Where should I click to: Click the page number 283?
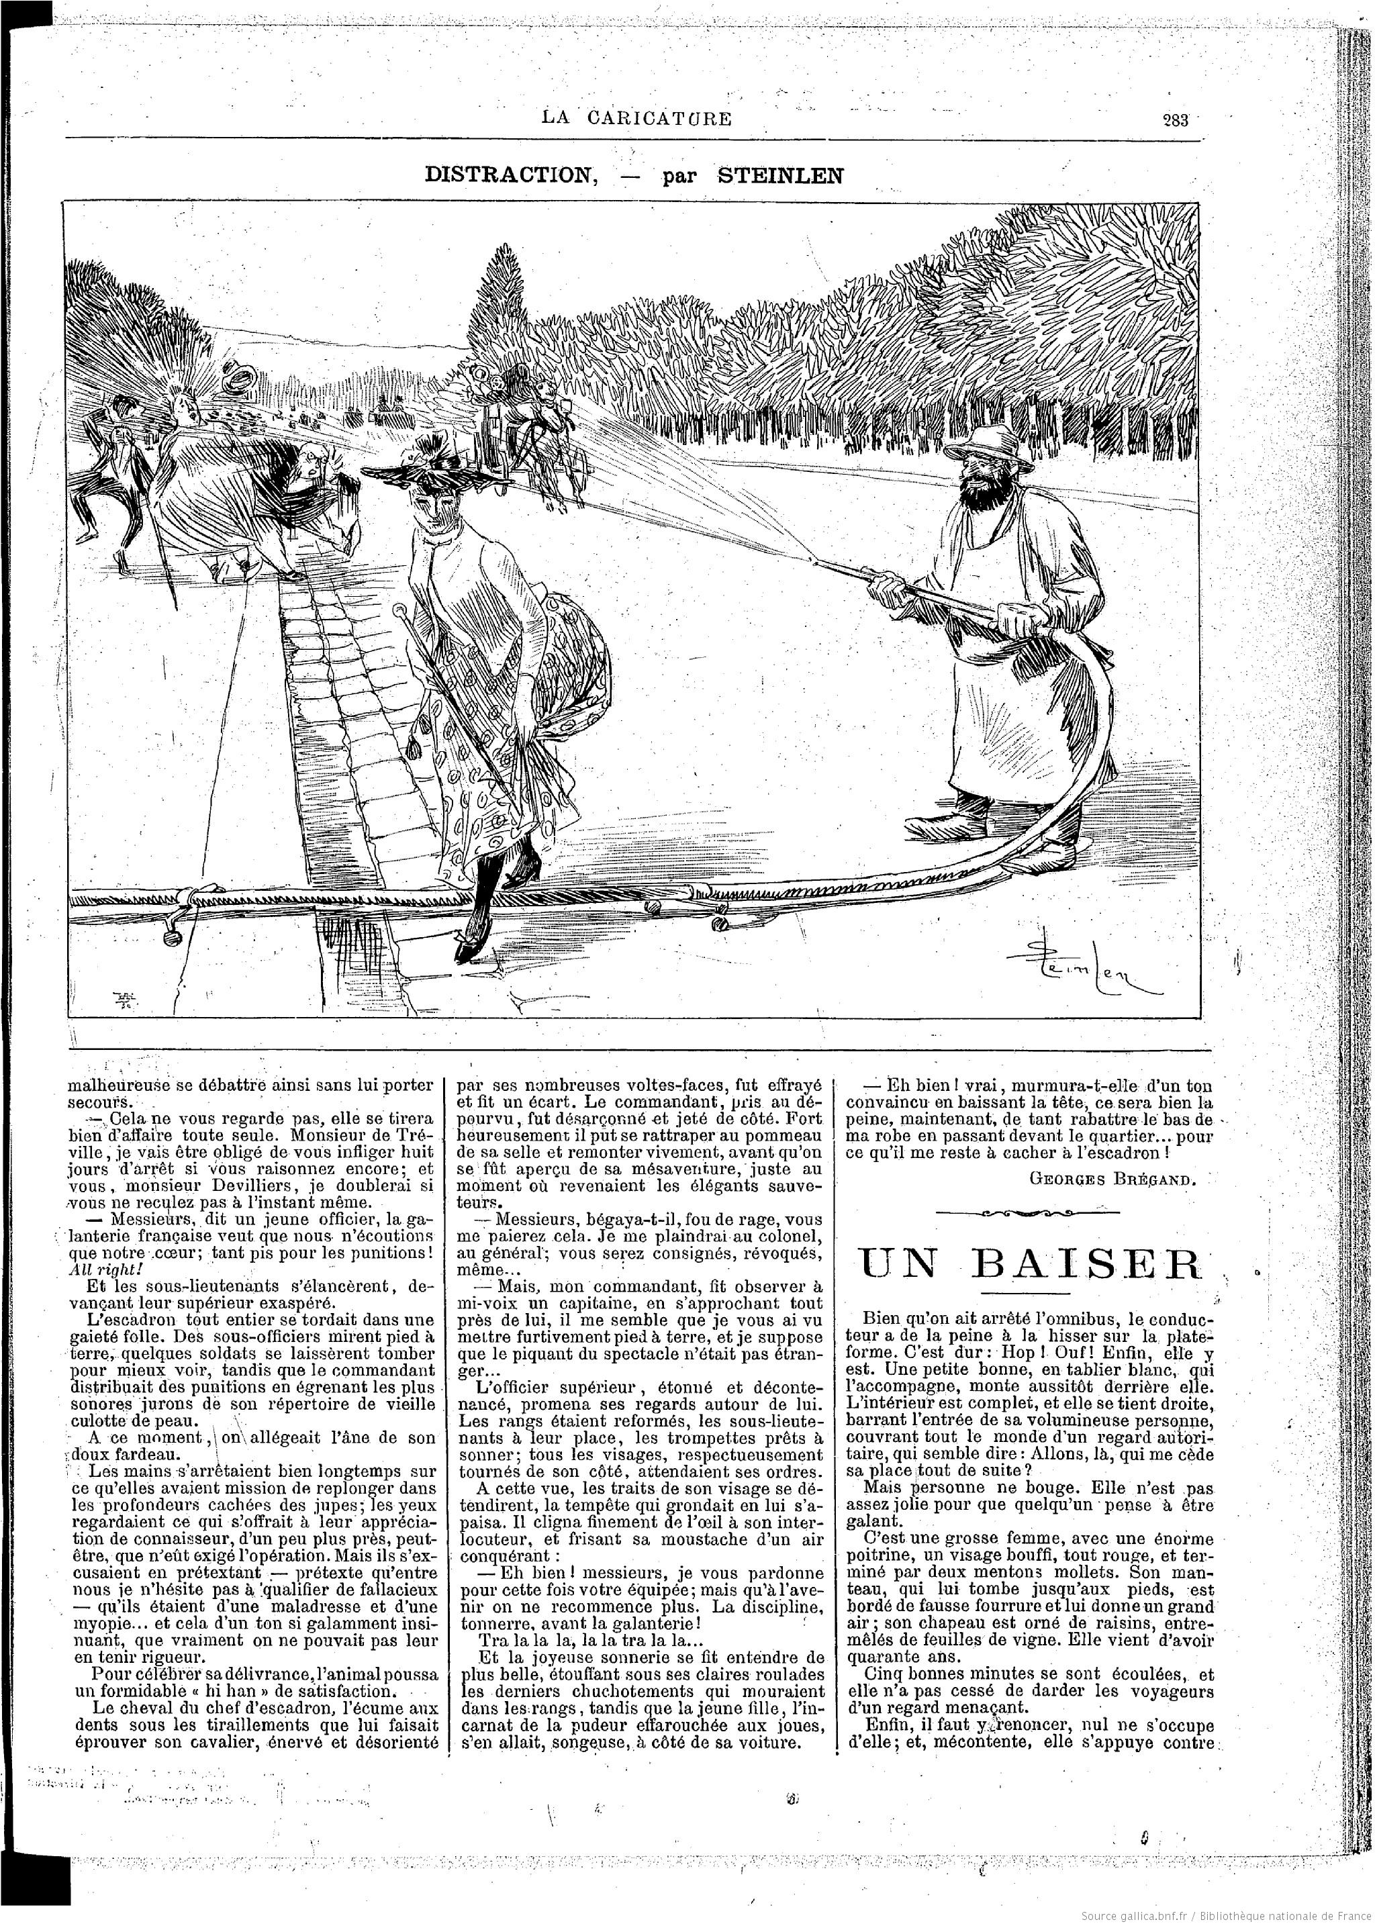(x=1175, y=119)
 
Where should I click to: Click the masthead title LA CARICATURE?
(x=636, y=117)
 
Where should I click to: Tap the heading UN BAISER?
(x=1029, y=1264)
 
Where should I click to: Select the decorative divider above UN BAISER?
(x=1029, y=1213)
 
